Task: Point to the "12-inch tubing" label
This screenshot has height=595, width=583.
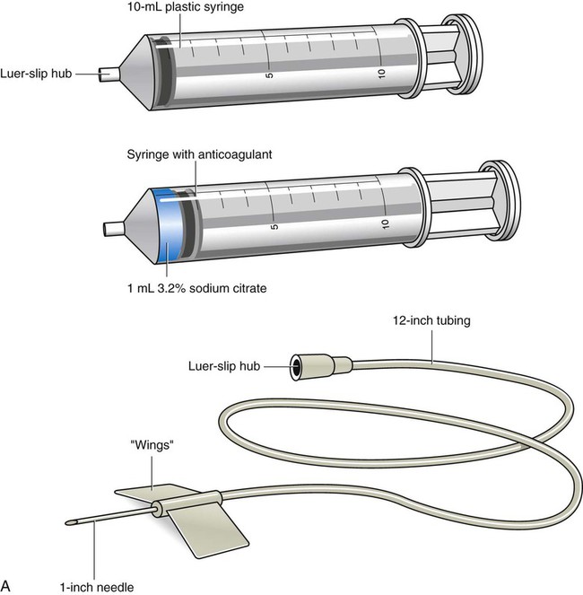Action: point(432,320)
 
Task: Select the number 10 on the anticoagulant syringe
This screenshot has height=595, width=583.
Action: point(385,223)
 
